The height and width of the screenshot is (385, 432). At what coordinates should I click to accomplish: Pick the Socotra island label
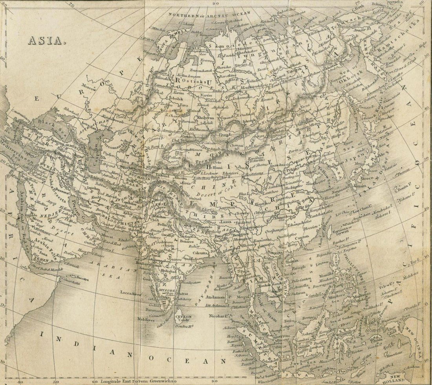[80, 279]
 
